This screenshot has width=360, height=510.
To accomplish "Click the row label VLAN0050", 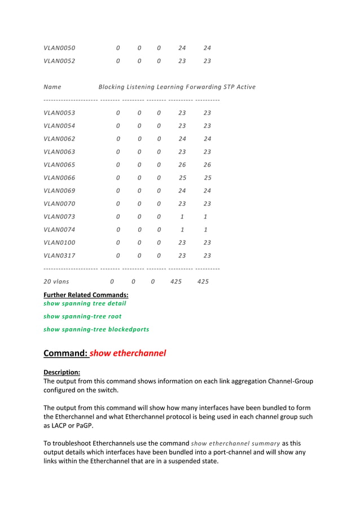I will point(59,48).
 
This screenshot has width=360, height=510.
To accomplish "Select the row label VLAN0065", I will point(59,165).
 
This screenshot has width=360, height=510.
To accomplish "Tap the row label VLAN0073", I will point(59,217).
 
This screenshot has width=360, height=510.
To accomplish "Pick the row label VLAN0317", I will point(59,256).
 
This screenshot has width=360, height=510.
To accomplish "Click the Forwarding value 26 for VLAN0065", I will point(182,165).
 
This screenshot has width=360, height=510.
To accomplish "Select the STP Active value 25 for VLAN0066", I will point(208,178).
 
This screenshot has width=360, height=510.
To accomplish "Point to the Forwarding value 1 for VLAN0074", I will point(182,230).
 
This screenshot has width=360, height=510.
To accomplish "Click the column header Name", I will point(52,87).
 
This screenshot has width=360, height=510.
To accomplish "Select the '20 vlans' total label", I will point(56,281).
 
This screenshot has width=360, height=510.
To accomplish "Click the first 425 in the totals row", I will point(176,281).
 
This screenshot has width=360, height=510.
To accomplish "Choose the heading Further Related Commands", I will point(86,295).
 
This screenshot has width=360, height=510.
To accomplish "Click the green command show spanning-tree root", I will point(82,316).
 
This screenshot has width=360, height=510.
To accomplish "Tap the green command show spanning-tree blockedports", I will point(96,329).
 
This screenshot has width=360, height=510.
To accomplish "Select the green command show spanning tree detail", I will point(85,303).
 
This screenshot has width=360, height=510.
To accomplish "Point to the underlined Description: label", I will point(62,372).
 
